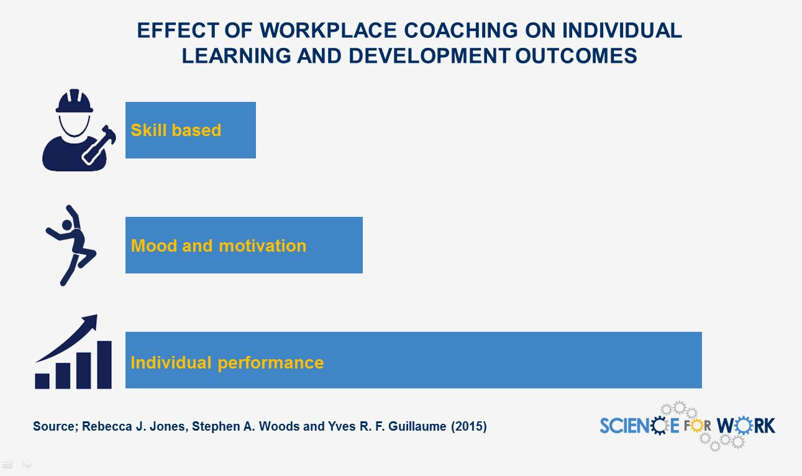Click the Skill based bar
point(191,130)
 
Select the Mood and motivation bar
point(244,245)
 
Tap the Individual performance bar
point(414,360)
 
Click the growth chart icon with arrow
point(73,352)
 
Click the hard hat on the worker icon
point(74,101)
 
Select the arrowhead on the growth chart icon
point(89,323)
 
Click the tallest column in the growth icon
point(104,365)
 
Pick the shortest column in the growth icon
point(42,381)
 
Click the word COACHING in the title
point(461,30)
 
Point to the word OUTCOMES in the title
point(576,56)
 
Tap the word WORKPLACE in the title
point(328,30)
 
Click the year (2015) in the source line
point(468,426)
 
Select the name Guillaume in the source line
point(417,426)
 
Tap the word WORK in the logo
point(746,426)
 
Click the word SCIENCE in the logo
point(639,426)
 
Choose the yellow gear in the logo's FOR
point(697,426)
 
